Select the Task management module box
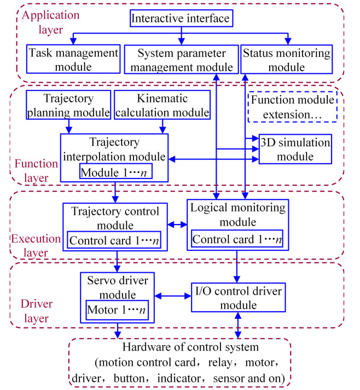click(x=73, y=60)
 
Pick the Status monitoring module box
click(x=287, y=60)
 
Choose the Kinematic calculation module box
click(x=162, y=106)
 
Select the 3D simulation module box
click(x=295, y=149)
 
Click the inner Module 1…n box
click(x=115, y=173)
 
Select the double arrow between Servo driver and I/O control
click(x=173, y=296)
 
